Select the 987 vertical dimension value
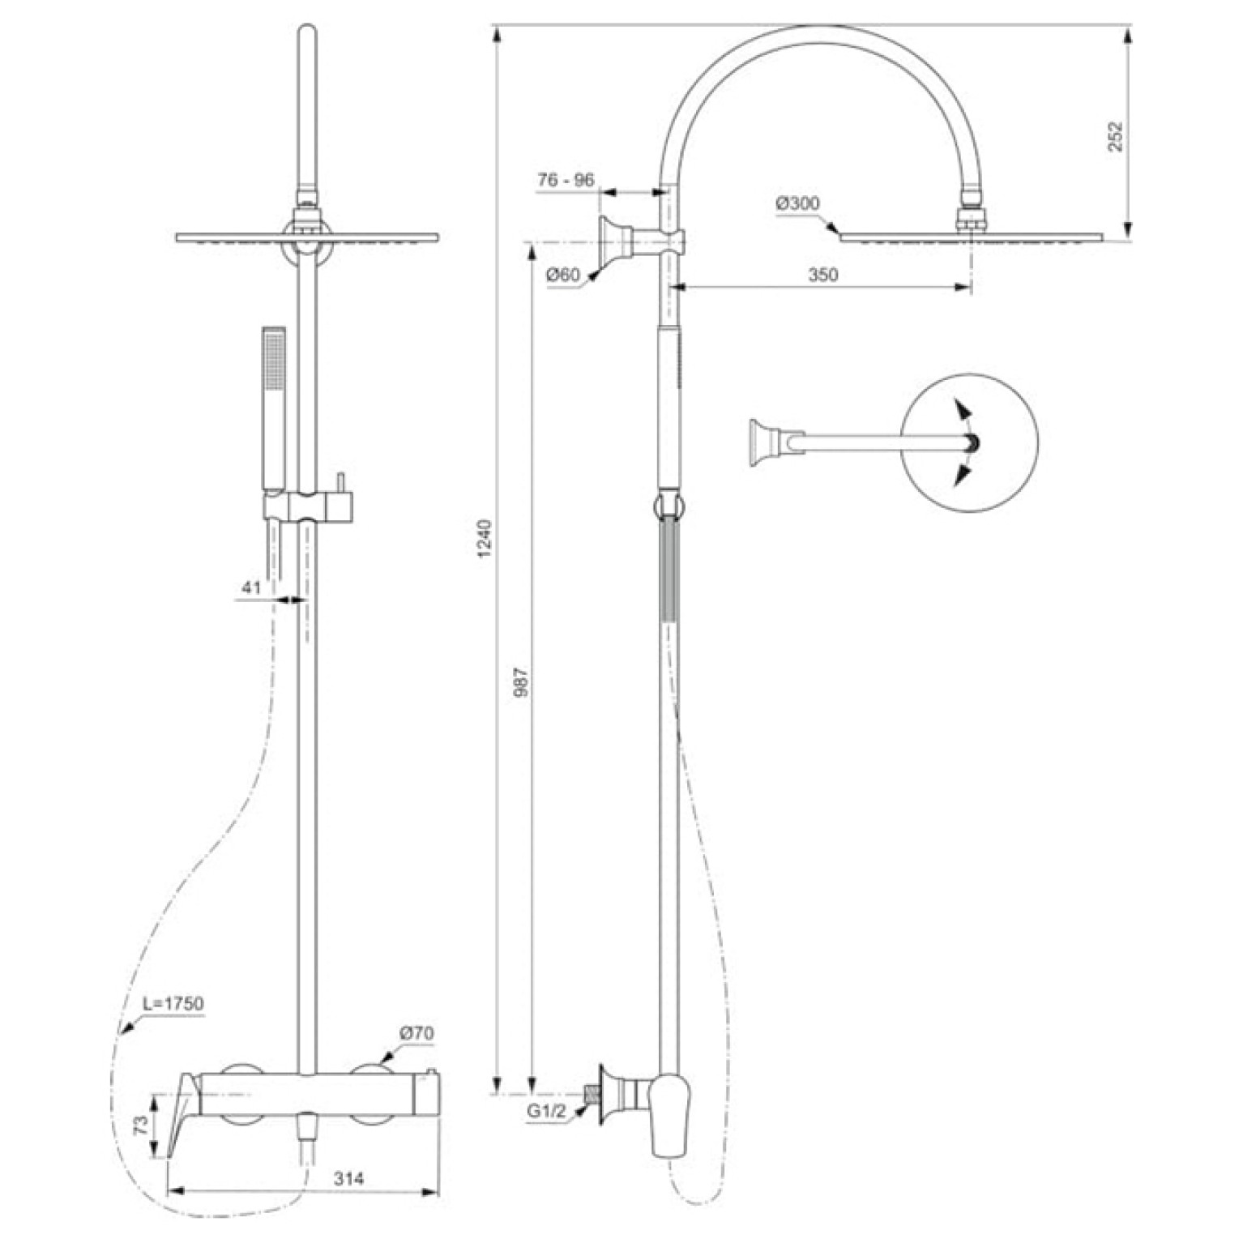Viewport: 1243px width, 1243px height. (522, 681)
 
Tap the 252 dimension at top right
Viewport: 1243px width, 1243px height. (1116, 136)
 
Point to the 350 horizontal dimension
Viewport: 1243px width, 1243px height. (822, 275)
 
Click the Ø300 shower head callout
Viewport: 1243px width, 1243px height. (797, 203)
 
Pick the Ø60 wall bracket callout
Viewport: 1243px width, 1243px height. (563, 275)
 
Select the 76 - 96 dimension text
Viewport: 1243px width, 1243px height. (566, 180)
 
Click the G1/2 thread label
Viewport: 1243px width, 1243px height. (547, 1112)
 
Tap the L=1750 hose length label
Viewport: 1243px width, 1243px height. (173, 1003)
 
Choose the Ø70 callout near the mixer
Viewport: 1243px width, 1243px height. (416, 1033)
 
